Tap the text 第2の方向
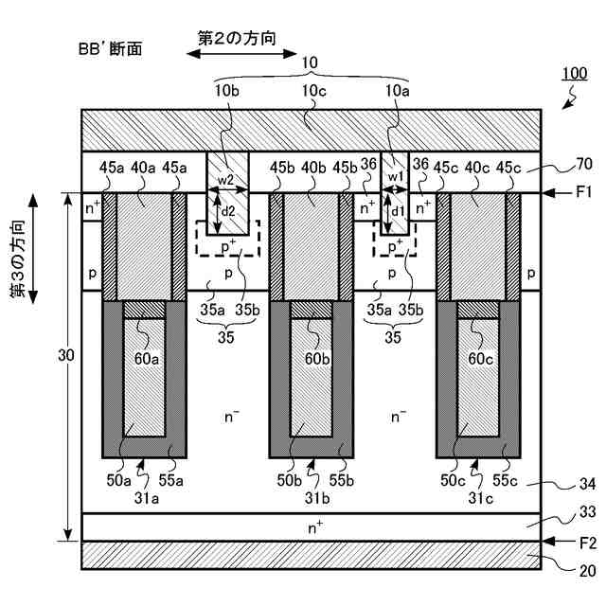[238, 38]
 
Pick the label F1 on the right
[583, 193]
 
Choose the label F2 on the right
[583, 542]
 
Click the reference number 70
[583, 162]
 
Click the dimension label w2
[227, 179]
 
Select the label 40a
[145, 169]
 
